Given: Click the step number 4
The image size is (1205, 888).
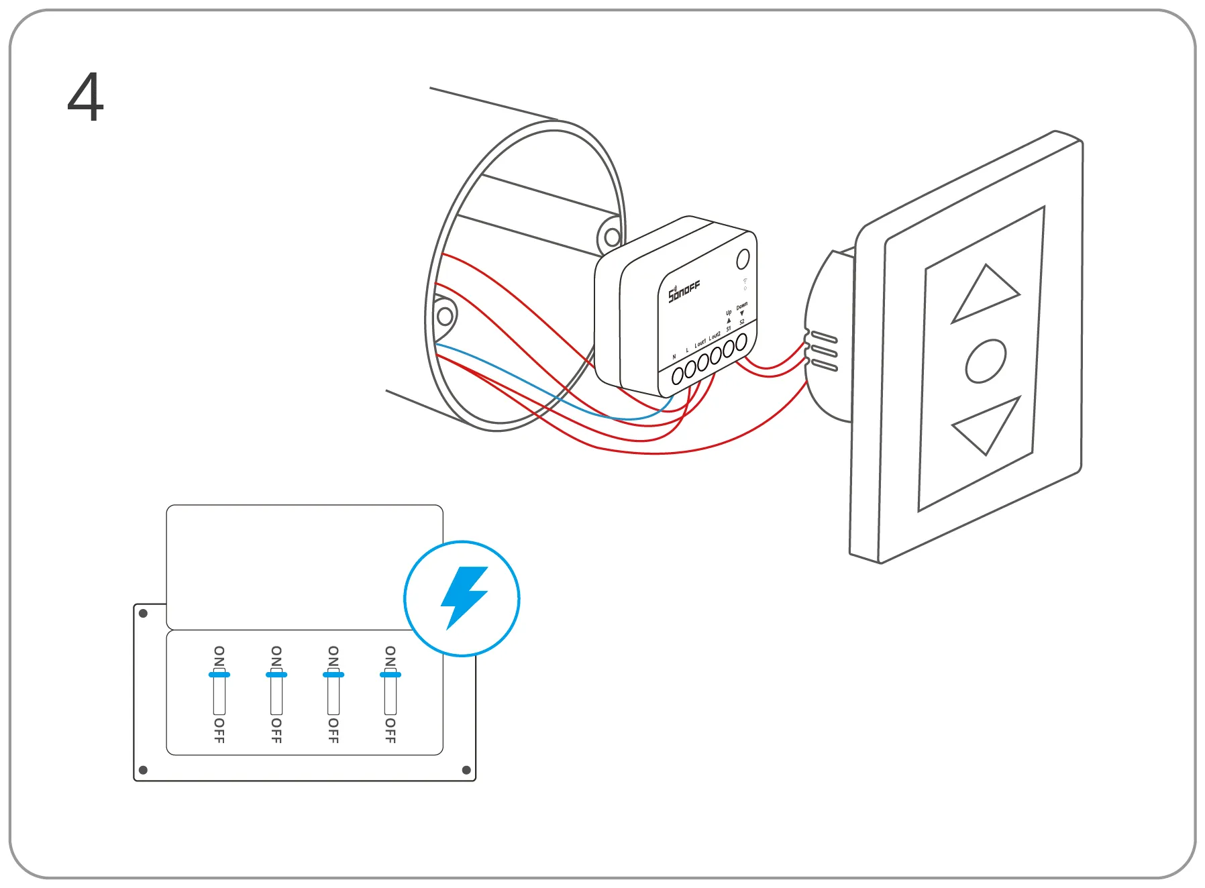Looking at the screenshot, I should click(x=86, y=98).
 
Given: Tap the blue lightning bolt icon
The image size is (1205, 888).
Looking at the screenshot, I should click(x=462, y=598).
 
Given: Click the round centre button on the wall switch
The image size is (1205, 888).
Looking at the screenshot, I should click(x=985, y=361).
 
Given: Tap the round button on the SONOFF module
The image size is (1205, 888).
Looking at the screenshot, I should click(x=743, y=259).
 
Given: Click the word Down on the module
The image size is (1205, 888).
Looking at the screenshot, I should click(x=741, y=306).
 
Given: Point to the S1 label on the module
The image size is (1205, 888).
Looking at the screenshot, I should click(x=729, y=329).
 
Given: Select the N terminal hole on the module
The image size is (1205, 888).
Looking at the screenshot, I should click(x=678, y=375).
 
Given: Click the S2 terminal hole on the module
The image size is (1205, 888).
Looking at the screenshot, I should click(x=741, y=343).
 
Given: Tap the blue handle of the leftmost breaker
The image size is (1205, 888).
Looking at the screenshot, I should click(x=219, y=675).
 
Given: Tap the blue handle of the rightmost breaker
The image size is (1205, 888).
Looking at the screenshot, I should click(x=390, y=675).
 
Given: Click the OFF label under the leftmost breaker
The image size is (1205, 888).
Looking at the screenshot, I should click(x=219, y=730).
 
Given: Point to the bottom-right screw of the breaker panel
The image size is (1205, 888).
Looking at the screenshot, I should click(x=466, y=770).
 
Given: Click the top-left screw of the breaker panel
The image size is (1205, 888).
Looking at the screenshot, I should click(x=143, y=613).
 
